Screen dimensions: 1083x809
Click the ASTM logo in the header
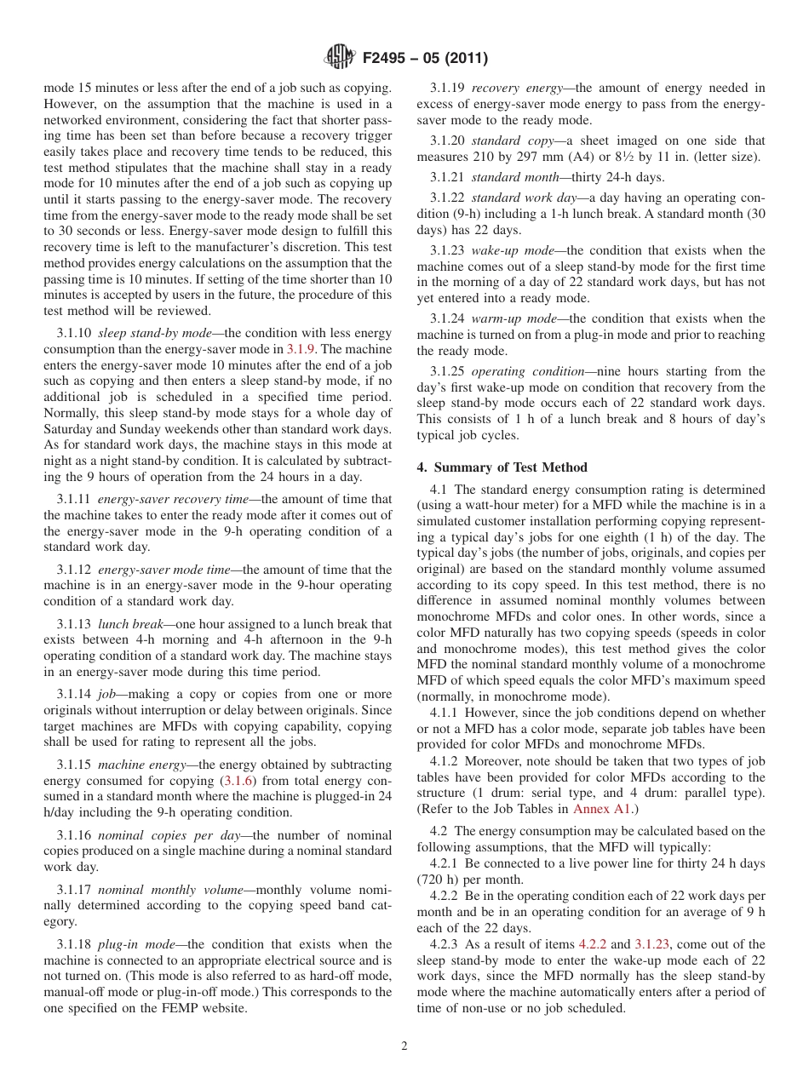coord(340,58)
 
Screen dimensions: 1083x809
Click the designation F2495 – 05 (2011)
coord(424,59)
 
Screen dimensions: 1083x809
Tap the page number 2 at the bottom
coord(404,1046)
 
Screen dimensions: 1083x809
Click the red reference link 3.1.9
coord(301,349)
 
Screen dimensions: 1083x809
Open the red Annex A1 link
coord(602,809)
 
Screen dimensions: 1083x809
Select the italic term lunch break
coord(125,624)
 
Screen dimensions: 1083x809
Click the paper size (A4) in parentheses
coord(547,158)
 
